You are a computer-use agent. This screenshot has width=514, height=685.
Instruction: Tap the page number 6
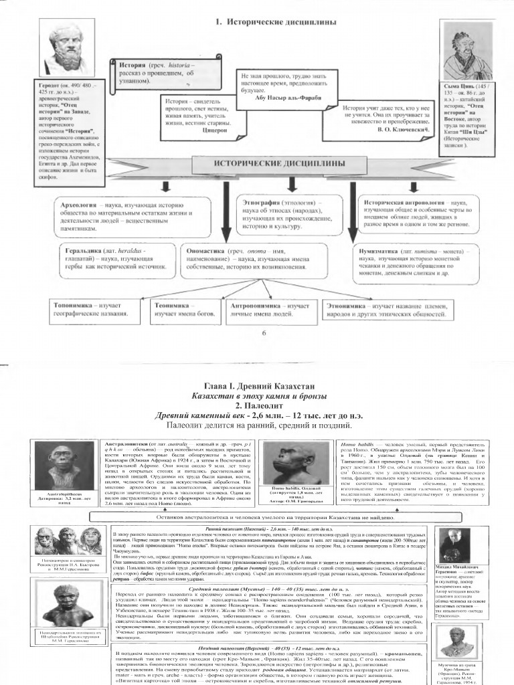click(x=263, y=332)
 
